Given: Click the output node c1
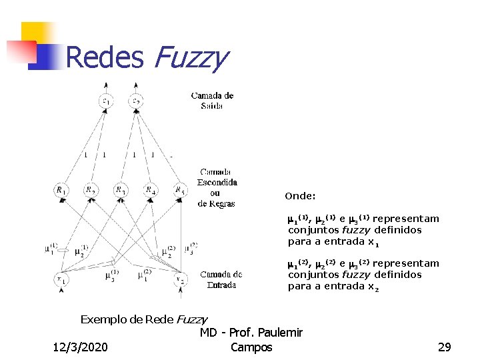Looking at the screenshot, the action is click(x=106, y=101).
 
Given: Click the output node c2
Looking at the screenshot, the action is click(x=137, y=101).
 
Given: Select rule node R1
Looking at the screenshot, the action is click(x=61, y=191).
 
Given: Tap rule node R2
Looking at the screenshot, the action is click(x=91, y=191).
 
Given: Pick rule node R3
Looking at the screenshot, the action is click(x=121, y=191).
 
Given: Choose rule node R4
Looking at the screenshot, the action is click(x=151, y=191).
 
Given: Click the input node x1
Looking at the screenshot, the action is click(x=61, y=279).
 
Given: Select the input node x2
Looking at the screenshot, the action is click(x=179, y=279).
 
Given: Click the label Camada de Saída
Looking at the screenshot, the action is click(x=212, y=101).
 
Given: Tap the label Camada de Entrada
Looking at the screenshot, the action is click(x=221, y=279).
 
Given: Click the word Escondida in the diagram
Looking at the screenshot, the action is click(x=217, y=182).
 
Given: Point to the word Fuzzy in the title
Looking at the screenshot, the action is click(x=190, y=58).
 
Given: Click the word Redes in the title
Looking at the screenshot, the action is click(x=105, y=58).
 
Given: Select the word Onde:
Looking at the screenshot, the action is click(x=300, y=196).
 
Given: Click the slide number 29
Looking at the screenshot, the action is click(x=444, y=347).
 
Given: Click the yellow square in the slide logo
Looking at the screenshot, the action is click(x=37, y=33).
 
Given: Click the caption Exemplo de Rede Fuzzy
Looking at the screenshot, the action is click(x=143, y=319).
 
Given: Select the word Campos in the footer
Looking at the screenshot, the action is click(x=251, y=347).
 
